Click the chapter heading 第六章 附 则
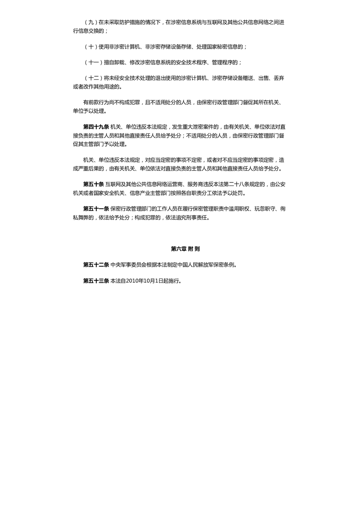(x=185, y=249)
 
